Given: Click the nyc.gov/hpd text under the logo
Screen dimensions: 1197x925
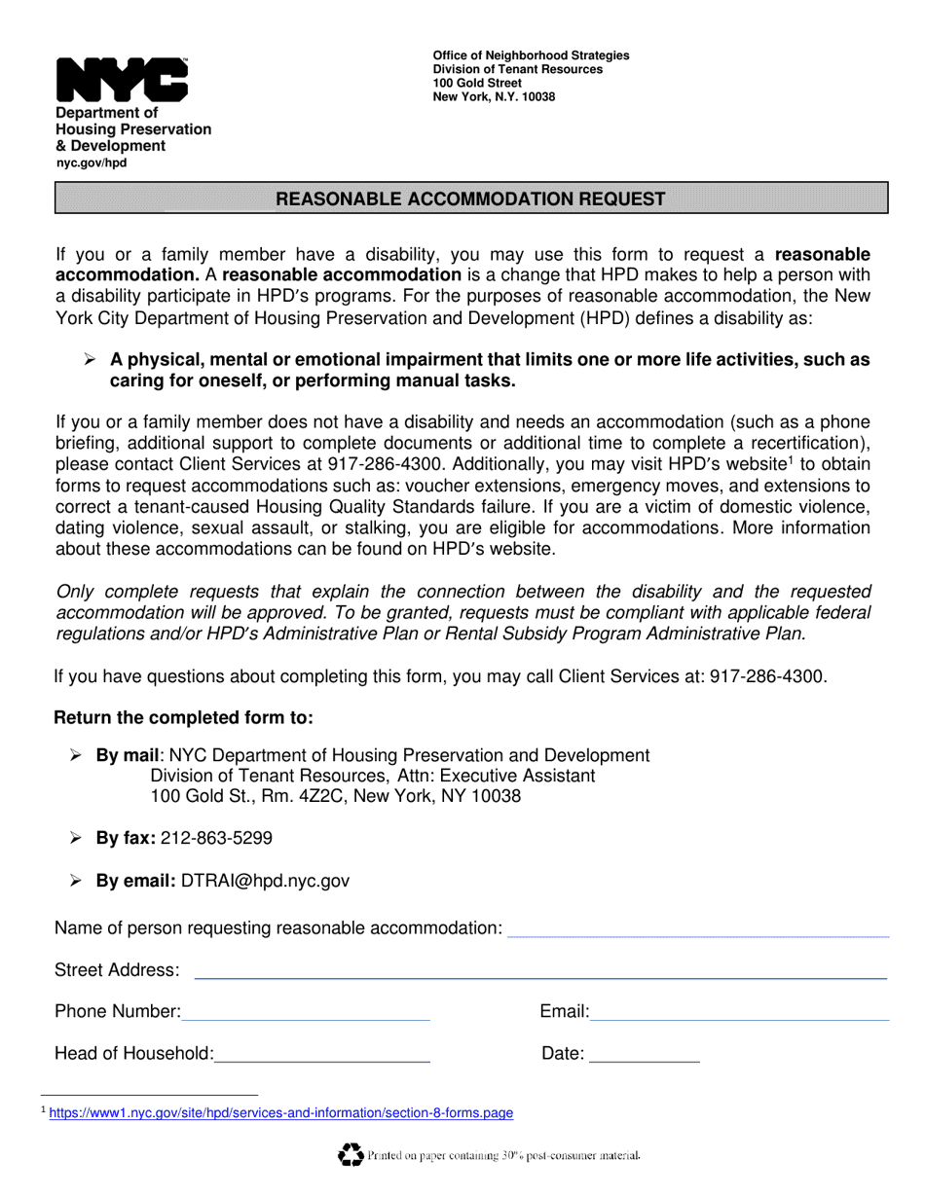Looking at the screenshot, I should [x=91, y=163].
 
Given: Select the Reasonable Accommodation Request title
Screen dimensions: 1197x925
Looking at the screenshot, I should [x=471, y=199].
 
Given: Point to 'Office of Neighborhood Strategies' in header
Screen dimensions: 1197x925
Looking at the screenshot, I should [x=531, y=55].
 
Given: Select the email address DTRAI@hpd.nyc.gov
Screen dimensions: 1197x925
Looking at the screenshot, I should [x=265, y=881].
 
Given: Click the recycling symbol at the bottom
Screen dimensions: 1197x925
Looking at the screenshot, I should [x=350, y=1155].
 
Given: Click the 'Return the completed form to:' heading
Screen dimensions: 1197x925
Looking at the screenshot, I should [x=183, y=718].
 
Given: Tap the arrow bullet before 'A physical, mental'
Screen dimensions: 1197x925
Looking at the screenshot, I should [x=90, y=360].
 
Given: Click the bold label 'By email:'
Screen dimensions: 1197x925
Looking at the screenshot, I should [x=135, y=881].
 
